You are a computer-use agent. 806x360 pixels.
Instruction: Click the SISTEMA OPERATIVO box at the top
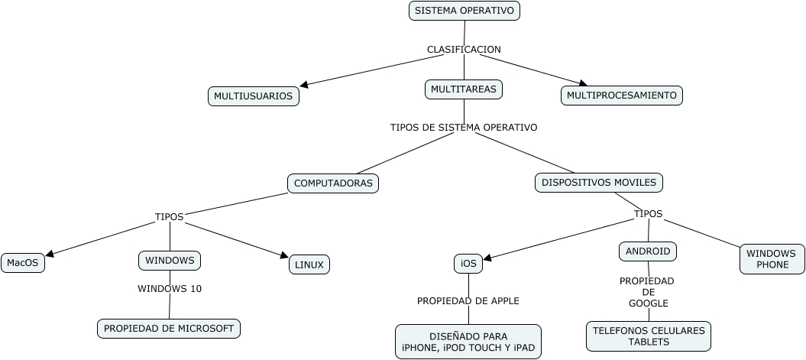pos(465,11)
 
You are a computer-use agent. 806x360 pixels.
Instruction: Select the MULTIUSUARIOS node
pos(253,96)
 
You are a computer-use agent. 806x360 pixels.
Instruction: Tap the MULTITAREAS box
pos(463,89)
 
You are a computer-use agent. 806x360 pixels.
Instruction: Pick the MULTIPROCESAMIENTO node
pos(621,96)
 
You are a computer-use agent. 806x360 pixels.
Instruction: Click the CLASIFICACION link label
pos(464,50)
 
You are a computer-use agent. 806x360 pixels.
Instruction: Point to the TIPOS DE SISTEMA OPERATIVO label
pos(463,128)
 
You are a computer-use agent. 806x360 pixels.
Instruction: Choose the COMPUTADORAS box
pos(333,183)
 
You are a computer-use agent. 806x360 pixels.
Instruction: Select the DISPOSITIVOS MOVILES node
pos(598,183)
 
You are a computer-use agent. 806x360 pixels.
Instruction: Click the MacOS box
pos(22,263)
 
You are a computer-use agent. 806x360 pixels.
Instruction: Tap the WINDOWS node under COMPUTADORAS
pos(170,261)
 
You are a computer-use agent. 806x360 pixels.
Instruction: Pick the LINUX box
pos(309,265)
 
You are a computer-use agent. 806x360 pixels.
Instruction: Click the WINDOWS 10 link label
pos(170,289)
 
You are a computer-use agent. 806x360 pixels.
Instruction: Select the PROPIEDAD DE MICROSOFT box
pos(169,329)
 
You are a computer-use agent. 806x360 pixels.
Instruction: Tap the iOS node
pos(468,264)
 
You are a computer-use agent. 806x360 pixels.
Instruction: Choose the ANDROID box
pos(648,251)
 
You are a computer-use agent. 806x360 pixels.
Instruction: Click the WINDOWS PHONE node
pos(772,259)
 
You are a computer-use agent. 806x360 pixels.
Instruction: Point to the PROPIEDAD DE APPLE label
pos(468,301)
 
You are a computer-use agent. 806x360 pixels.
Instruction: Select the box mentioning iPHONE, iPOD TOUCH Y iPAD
pos(468,342)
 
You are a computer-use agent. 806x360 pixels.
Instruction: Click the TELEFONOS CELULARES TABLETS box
pos(648,336)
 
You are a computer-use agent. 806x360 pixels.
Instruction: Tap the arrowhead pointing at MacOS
pos(50,255)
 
